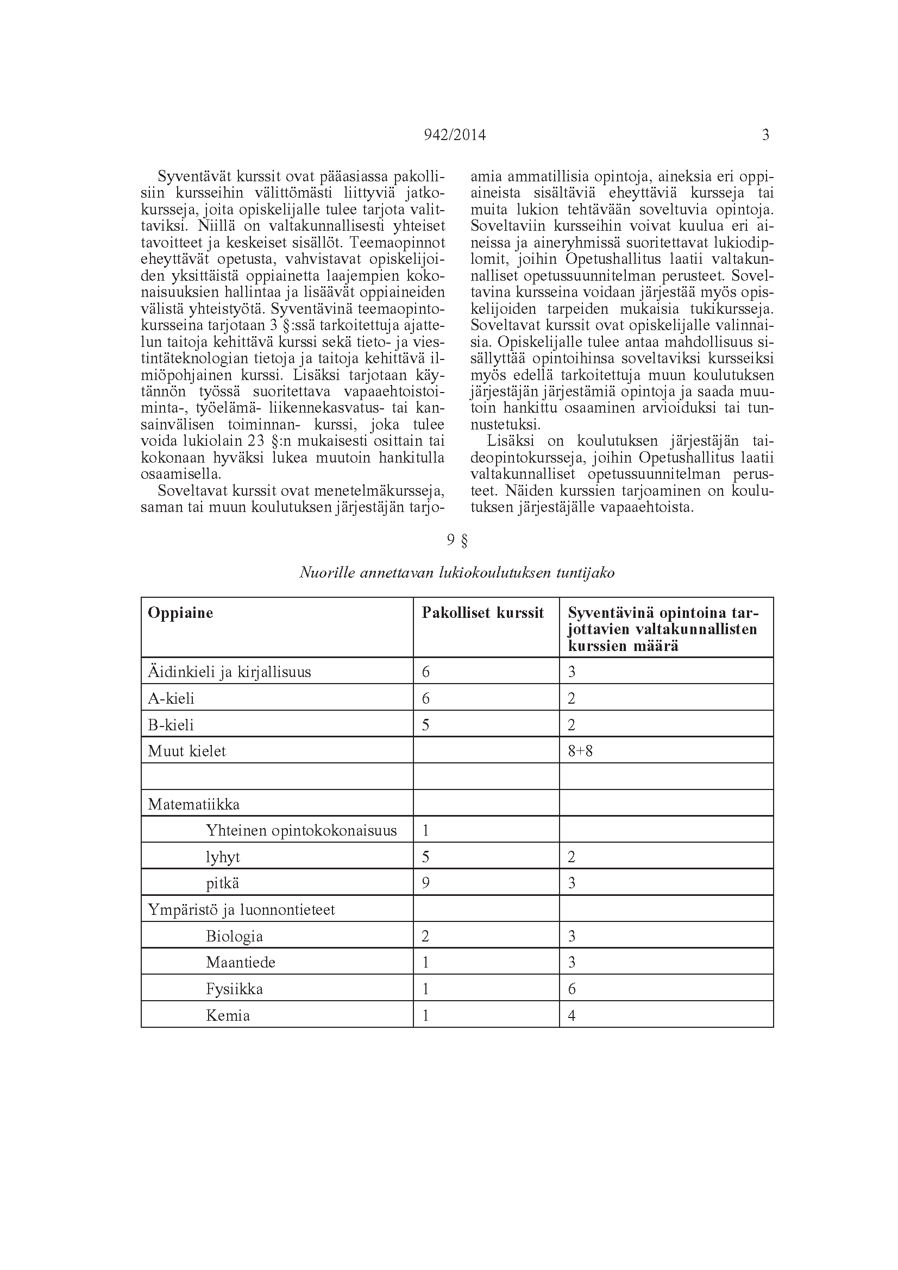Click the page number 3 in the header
click(x=765, y=136)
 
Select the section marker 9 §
click(x=457, y=540)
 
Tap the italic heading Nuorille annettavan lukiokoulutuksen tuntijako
click(x=457, y=573)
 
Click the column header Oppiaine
click(x=180, y=613)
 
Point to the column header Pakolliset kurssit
click(x=482, y=613)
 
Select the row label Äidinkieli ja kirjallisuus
click(x=229, y=672)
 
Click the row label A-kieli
click(x=171, y=699)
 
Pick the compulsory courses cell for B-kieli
click(x=425, y=725)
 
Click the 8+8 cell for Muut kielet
click(x=580, y=751)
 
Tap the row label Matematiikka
click(x=193, y=804)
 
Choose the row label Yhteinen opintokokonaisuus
click(x=301, y=831)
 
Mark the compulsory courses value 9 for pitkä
click(x=425, y=883)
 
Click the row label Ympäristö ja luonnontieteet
click(x=241, y=910)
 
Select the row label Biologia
click(x=234, y=937)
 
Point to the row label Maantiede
click(x=241, y=963)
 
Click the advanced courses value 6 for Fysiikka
click(x=572, y=989)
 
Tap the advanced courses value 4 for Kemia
click(x=572, y=1015)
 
